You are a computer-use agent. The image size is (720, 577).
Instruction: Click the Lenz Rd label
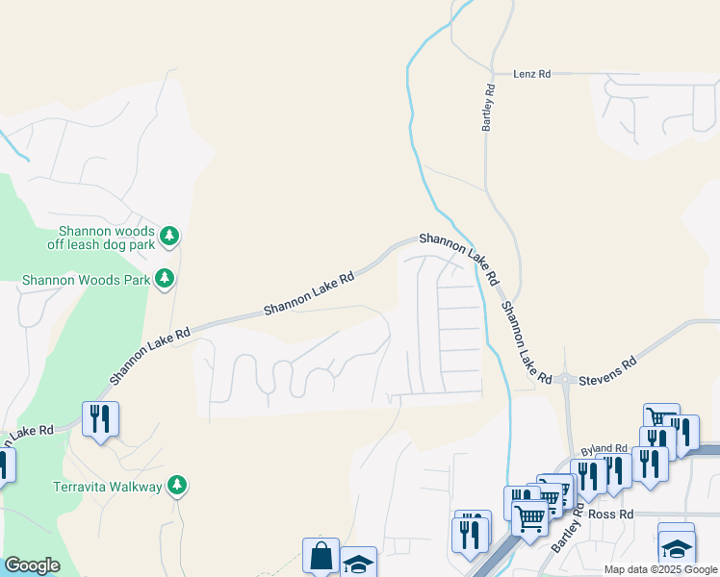(x=531, y=73)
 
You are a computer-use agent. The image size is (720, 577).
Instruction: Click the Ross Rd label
(x=610, y=514)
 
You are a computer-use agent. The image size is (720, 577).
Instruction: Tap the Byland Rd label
(x=604, y=449)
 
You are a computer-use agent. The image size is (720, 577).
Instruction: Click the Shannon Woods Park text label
(x=87, y=280)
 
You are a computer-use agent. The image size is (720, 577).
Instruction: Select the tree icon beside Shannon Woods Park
(x=165, y=279)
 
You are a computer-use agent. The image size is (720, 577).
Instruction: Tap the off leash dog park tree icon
(x=169, y=236)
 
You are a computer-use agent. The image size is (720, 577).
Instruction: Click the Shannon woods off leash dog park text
(x=106, y=238)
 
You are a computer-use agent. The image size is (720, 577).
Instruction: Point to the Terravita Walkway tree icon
(x=176, y=486)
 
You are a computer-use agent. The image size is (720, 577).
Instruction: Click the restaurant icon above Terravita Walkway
(x=100, y=419)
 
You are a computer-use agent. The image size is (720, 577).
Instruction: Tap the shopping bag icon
(x=321, y=555)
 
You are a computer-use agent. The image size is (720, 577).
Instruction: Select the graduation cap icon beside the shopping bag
(x=359, y=563)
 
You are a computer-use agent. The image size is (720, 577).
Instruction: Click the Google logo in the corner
(x=32, y=564)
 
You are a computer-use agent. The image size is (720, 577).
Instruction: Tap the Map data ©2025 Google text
(x=659, y=569)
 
